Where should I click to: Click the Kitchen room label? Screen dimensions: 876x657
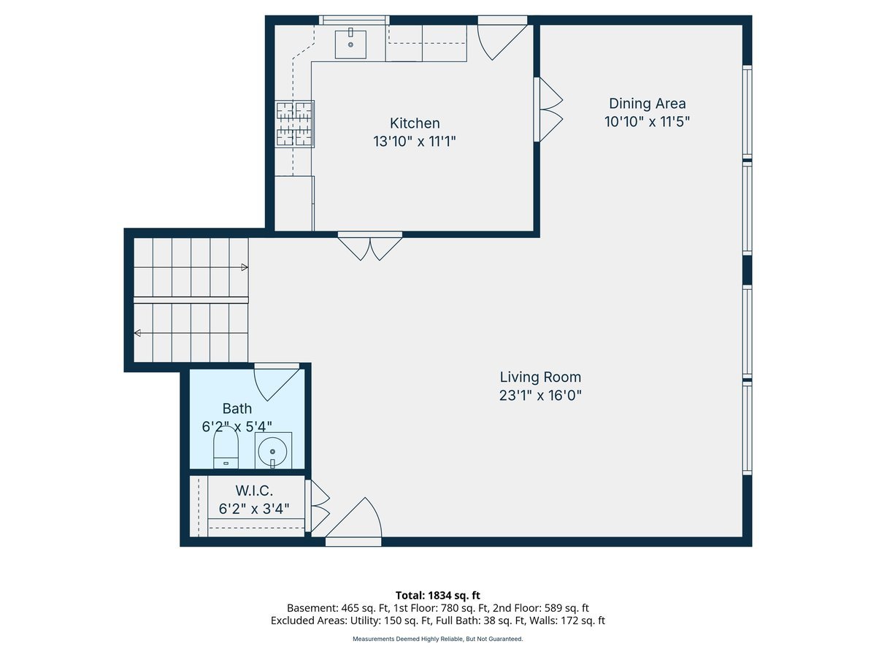click(414, 123)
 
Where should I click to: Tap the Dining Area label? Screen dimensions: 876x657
click(647, 104)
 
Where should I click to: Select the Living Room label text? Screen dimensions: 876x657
click(540, 377)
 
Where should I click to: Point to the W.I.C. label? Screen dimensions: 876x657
click(254, 491)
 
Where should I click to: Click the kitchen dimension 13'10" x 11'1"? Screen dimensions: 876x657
click(414, 141)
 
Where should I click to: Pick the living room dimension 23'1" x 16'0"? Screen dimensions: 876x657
click(540, 396)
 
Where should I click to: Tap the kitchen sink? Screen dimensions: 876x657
click(350, 44)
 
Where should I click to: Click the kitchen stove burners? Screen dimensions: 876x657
click(294, 123)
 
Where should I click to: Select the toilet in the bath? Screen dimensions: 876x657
click(226, 447)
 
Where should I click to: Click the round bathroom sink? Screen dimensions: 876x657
click(273, 450)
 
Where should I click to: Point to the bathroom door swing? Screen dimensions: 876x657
click(276, 382)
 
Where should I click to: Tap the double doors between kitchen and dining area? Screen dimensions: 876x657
click(548, 109)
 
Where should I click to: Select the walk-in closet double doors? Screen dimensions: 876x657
click(318, 506)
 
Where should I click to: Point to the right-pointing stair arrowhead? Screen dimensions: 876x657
click(245, 267)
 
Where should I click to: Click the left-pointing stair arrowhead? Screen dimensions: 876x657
click(137, 333)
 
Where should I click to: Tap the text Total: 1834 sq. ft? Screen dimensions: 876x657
click(438, 596)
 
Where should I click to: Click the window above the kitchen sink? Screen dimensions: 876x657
click(354, 20)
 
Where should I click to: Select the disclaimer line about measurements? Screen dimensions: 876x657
click(438, 639)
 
